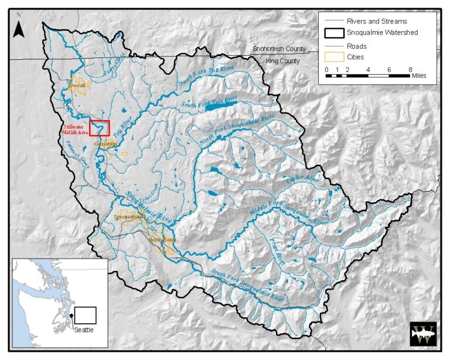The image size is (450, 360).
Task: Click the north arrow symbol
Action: point(18,27)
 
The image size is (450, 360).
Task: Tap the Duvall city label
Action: point(77,85)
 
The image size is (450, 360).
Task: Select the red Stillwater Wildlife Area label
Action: point(75,130)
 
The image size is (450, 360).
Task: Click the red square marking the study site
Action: point(100,127)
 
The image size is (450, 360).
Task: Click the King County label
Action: point(282,61)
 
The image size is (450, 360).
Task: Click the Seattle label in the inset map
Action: point(83,330)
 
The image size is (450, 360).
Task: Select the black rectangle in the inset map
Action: point(84,315)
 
